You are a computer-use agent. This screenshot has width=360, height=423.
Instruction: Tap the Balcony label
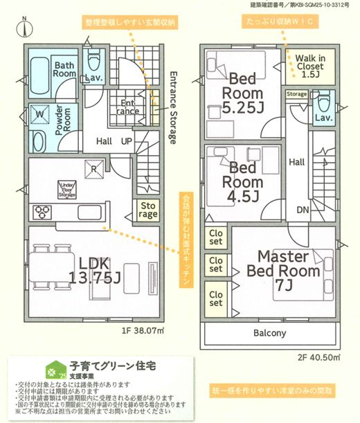[x=269, y=333]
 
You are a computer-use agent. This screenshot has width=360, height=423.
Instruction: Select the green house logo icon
[x=51, y=367]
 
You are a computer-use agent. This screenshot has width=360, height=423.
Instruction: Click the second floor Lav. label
[x=322, y=118]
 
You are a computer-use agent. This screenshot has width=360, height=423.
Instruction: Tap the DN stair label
[x=302, y=209]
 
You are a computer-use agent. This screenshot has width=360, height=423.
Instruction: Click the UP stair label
[x=127, y=141]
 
